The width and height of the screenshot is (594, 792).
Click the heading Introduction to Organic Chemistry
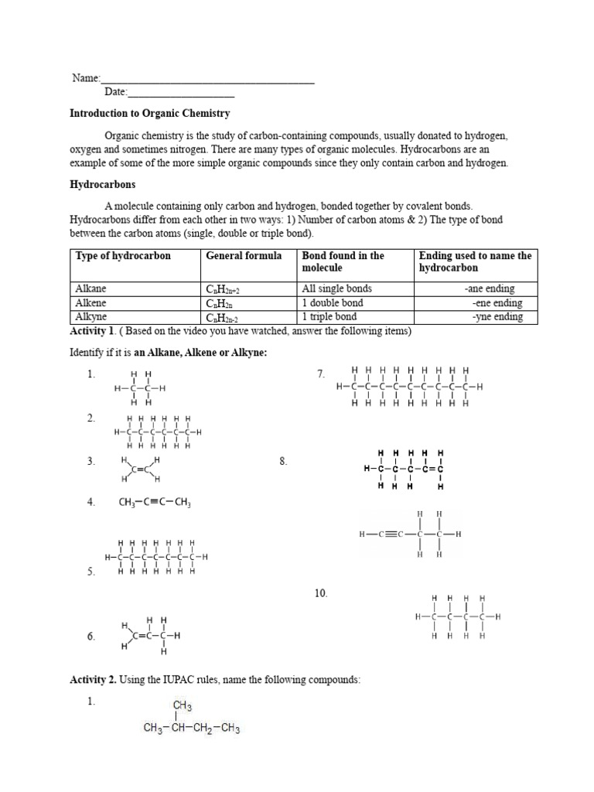tap(149, 113)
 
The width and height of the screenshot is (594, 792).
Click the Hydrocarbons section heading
tap(103, 186)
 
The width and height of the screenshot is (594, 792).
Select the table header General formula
tap(243, 256)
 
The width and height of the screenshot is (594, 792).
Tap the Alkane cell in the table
tap(90, 288)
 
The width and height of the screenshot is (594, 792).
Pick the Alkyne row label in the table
tap(91, 317)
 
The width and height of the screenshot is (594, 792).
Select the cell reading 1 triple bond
tap(329, 317)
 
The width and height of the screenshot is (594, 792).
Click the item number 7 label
tap(321, 374)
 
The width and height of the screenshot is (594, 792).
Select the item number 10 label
tap(321, 593)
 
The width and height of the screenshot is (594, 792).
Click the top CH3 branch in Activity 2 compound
tap(183, 706)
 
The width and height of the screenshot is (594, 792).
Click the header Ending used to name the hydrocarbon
tap(475, 261)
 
